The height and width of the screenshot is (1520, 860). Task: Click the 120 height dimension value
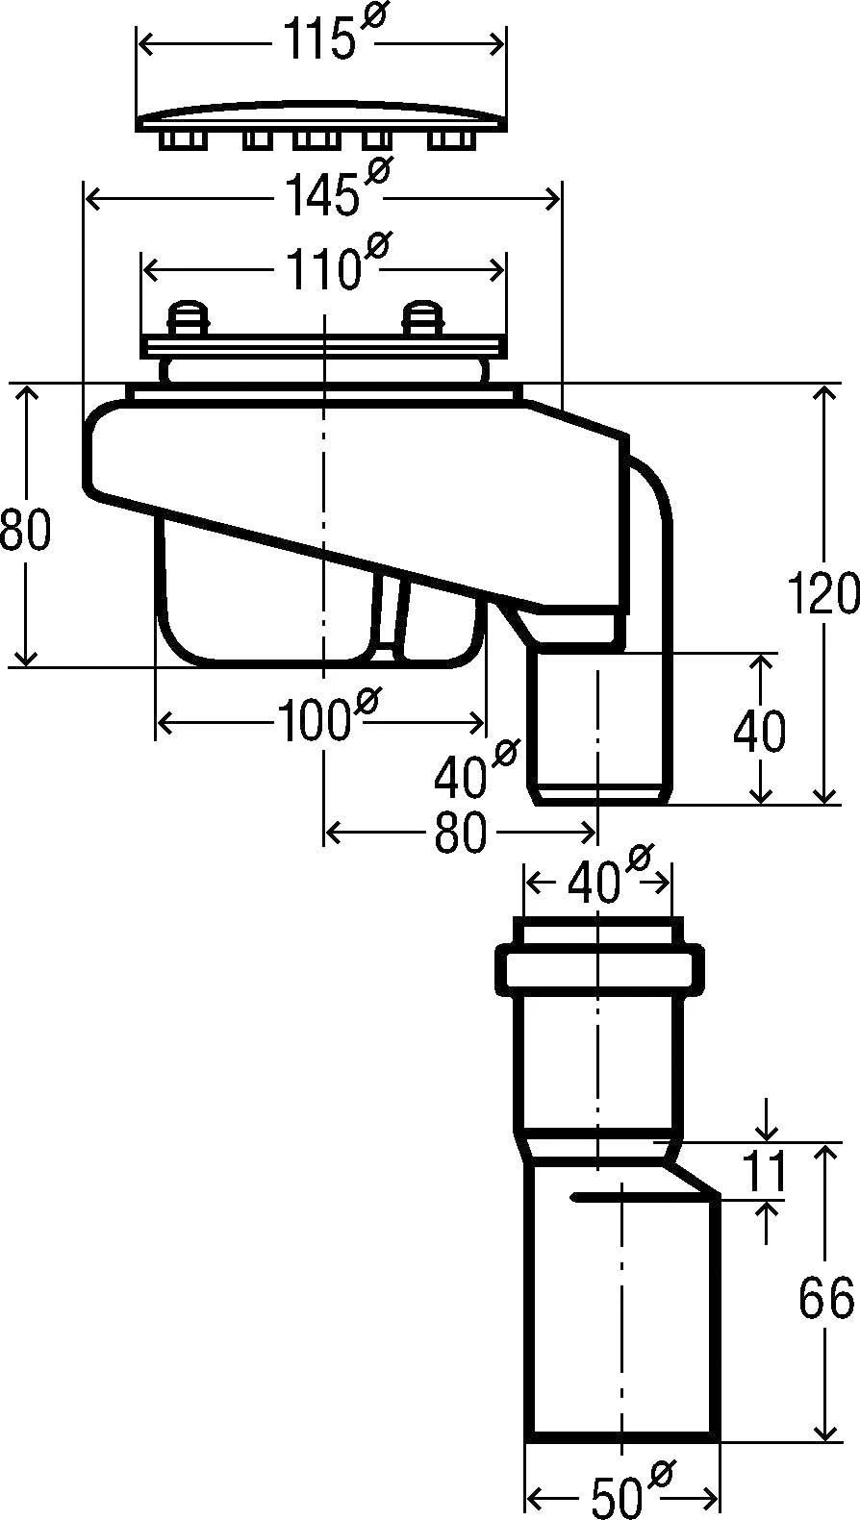pyautogui.click(x=823, y=593)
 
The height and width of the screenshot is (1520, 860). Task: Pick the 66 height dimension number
pyautogui.click(x=825, y=1297)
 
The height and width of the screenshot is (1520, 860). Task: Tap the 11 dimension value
pyautogui.click(x=764, y=1171)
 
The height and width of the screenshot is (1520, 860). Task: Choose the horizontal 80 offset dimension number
pyautogui.click(x=460, y=832)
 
